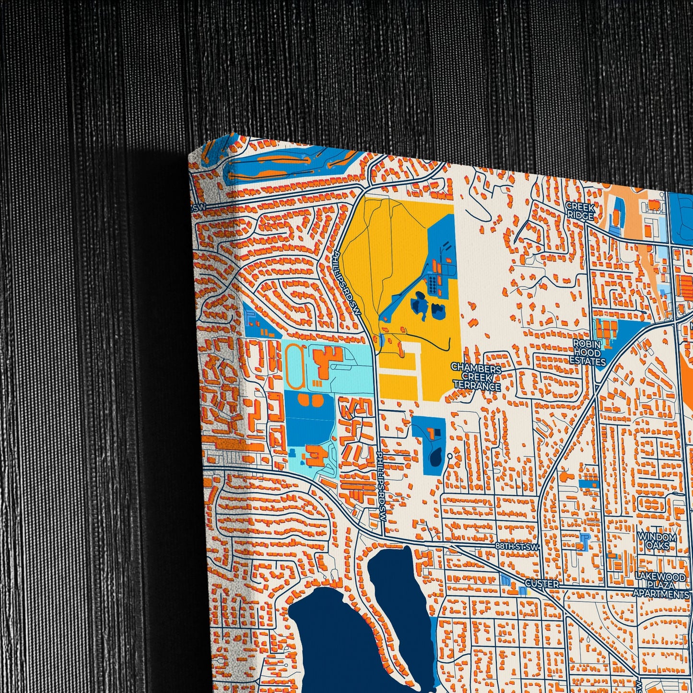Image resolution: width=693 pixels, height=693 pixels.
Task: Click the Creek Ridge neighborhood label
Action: [580, 211]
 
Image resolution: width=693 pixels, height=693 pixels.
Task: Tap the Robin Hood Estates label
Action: [588, 352]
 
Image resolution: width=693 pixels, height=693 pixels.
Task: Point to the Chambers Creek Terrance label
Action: [476, 377]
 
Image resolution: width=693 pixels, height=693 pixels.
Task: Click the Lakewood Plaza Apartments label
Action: [661, 585]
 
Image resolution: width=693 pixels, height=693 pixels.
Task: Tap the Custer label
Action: [542, 584]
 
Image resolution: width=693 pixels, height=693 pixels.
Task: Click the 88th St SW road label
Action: [517, 546]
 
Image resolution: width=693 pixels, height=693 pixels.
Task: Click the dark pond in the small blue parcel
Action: [436, 456]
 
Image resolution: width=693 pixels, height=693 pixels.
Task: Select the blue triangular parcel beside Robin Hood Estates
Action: [619, 336]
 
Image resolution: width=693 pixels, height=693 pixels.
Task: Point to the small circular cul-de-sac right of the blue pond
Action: [449, 456]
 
